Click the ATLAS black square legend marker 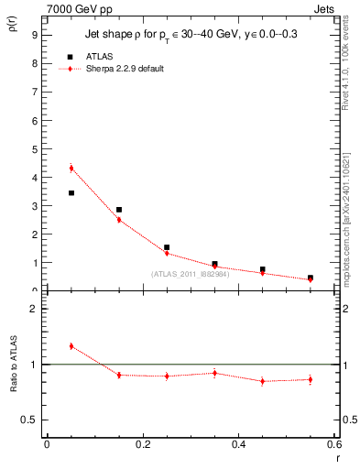tap(71, 57)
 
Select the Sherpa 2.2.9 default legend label tap(126, 70)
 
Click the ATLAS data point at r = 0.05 tap(71, 193)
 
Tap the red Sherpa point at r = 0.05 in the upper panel tap(71, 168)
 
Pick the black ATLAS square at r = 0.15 tap(119, 210)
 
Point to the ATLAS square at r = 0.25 tap(167, 247)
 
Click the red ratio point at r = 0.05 tap(71, 346)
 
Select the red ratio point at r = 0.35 tap(214, 373)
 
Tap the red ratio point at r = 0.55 tap(311, 379)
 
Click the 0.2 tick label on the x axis tap(143, 444)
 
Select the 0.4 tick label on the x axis tap(238, 444)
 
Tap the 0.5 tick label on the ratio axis tap(30, 420)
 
